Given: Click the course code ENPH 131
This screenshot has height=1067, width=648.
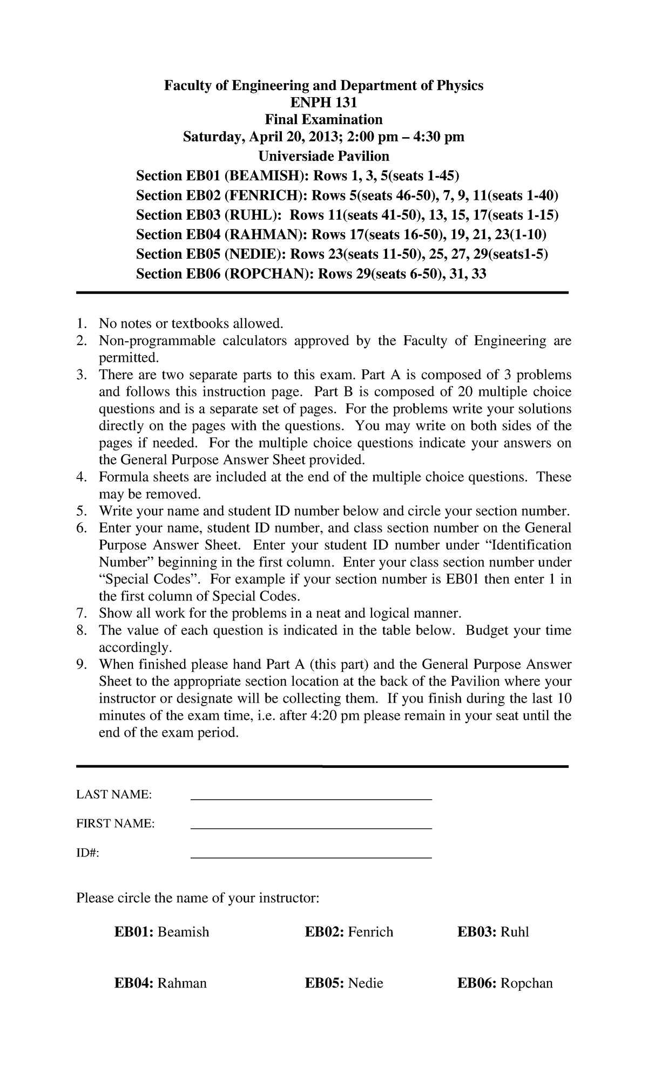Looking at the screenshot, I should pos(323,103).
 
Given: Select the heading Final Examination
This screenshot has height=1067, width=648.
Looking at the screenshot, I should pos(323,119).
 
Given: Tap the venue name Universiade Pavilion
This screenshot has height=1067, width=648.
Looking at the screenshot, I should pos(323,156).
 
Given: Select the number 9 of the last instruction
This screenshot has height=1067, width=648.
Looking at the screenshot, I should pos(81,664).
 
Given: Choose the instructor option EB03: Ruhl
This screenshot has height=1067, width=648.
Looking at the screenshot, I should pos(493,931).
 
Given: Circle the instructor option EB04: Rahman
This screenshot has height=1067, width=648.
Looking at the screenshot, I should pos(160,983).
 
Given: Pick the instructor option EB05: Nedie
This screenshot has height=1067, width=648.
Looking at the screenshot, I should pos(344,983).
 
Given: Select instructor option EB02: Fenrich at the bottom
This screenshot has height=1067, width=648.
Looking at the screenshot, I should pos(349,931).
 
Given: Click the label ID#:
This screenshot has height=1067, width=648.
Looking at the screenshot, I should pos(88,853).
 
